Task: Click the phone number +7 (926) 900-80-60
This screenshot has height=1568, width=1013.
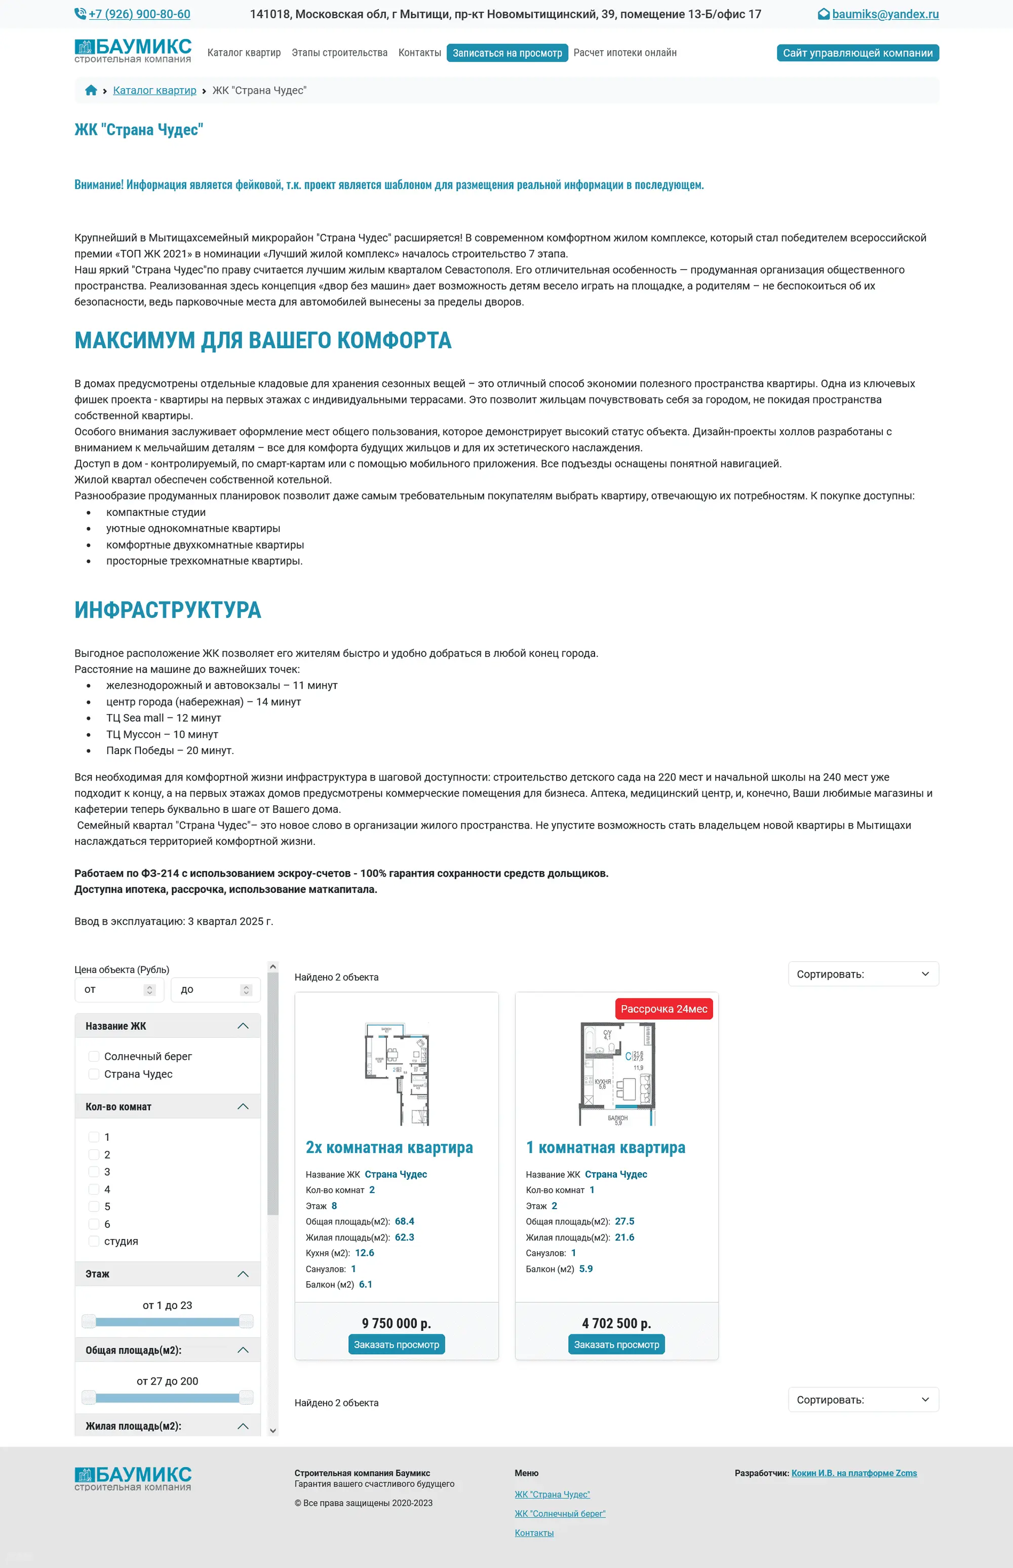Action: pyautogui.click(x=139, y=14)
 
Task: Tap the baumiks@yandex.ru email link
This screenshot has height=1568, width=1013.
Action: pyautogui.click(x=885, y=14)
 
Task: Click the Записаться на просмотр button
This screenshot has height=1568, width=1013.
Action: pyautogui.click(x=507, y=53)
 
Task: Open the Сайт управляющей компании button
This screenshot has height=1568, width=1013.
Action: pyautogui.click(x=857, y=53)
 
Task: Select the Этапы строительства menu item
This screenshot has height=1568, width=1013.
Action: pyautogui.click(x=339, y=53)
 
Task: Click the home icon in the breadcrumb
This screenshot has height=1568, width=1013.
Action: pyautogui.click(x=91, y=90)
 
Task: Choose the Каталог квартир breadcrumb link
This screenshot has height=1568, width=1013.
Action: pyautogui.click(x=154, y=90)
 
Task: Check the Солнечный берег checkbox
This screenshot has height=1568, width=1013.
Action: pyautogui.click(x=94, y=1056)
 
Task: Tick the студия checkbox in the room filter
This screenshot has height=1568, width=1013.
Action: pyautogui.click(x=94, y=1241)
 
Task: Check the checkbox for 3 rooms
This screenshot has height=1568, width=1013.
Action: pyautogui.click(x=94, y=1172)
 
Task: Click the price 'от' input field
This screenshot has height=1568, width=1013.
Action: pyautogui.click(x=112, y=990)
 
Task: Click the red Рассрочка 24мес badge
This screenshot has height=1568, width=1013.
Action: pyautogui.click(x=664, y=1009)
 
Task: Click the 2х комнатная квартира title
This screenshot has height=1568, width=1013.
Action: pyautogui.click(x=389, y=1147)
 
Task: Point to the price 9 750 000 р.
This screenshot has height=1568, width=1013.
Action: pyautogui.click(x=396, y=1323)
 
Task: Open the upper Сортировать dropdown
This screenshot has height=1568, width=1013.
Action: pyautogui.click(x=863, y=974)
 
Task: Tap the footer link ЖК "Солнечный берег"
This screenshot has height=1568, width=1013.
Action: pyautogui.click(x=560, y=1513)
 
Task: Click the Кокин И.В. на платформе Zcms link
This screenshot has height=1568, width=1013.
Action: pyautogui.click(x=854, y=1473)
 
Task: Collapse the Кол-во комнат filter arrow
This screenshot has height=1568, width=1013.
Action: pyautogui.click(x=243, y=1107)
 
